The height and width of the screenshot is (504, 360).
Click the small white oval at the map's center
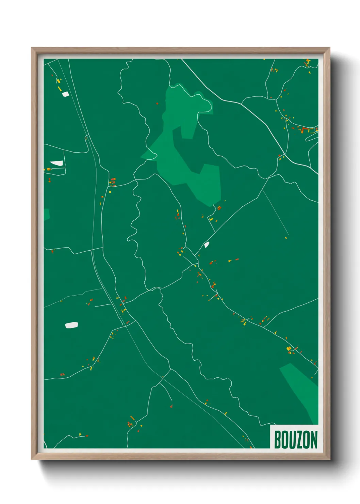click(206, 245)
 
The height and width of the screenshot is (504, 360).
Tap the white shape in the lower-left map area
click(71, 325)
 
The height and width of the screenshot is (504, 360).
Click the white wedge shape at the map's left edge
click(56, 163)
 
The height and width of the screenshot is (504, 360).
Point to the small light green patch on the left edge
click(47, 214)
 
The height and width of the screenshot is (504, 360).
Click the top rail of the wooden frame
click(180, 51)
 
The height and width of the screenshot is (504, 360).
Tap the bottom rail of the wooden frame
click(180, 456)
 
